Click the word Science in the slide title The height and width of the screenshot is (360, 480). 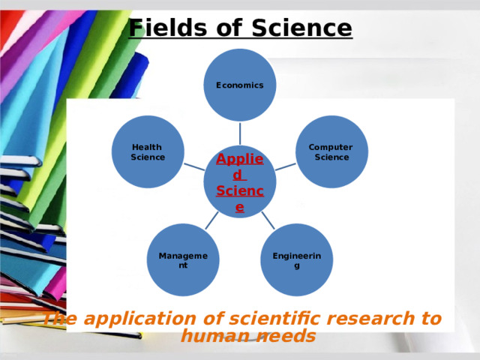pos(301,28)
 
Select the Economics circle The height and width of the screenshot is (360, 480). pos(240,85)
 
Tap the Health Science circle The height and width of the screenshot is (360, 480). pos(148,151)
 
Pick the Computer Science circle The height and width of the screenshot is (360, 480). pos(331,151)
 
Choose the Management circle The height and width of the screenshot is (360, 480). pos(183,260)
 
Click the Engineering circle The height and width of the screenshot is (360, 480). pos(297,260)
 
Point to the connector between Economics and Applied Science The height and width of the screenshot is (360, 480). pos(240,133)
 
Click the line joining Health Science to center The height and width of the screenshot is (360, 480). pos(193,166)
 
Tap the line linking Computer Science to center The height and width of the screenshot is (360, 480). pos(286,166)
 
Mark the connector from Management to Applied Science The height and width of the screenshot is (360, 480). pos(212,219)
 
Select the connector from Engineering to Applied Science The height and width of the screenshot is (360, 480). pos(268,219)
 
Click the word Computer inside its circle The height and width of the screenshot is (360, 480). pos(331,147)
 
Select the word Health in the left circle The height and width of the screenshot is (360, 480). pos(146,147)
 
